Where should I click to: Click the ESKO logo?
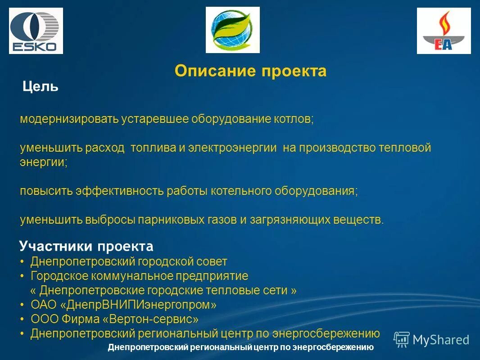[x=36, y=31]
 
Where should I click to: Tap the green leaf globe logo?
[x=233, y=30]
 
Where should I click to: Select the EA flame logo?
[x=444, y=31]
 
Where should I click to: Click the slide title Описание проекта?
[x=250, y=71]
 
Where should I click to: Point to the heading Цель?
[x=41, y=86]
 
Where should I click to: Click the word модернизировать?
[x=69, y=119]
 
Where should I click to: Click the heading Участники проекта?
[x=86, y=246]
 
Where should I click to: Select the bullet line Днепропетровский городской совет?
[x=129, y=261]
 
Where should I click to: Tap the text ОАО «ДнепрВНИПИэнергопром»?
[x=123, y=305]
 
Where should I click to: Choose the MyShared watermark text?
[x=441, y=340]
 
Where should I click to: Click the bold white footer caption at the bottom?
[x=241, y=347]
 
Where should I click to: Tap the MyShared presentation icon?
[x=401, y=339]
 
